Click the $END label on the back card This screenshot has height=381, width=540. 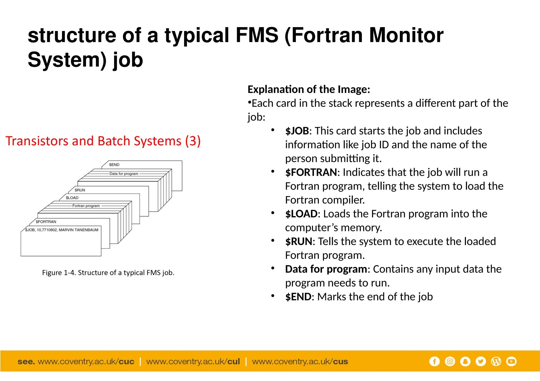tap(114, 165)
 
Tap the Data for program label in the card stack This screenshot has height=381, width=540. tap(124, 174)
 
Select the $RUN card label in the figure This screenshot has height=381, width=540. tap(80, 190)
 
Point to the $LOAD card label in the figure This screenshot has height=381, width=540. tap(72, 198)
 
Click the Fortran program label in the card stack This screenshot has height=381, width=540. tap(86, 206)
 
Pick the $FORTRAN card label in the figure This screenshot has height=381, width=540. tap(46, 222)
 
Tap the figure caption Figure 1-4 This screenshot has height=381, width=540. tap(108, 273)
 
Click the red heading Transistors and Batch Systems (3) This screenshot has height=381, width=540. tap(103, 141)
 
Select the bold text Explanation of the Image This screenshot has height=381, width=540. tap(308, 89)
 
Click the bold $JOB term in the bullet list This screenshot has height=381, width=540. tap(297, 131)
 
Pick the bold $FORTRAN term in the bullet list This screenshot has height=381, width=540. tap(311, 172)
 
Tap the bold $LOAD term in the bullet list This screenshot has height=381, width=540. tap(301, 214)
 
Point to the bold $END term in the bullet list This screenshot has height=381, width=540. tap(298, 297)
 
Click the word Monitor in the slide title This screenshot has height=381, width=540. tap(406, 35)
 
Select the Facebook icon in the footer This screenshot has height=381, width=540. tap(434, 361)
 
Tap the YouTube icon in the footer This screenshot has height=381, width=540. tap(511, 361)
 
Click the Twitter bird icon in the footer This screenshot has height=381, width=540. tap(481, 361)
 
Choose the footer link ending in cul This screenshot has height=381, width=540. tap(193, 362)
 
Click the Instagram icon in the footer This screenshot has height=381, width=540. tap(450, 361)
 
